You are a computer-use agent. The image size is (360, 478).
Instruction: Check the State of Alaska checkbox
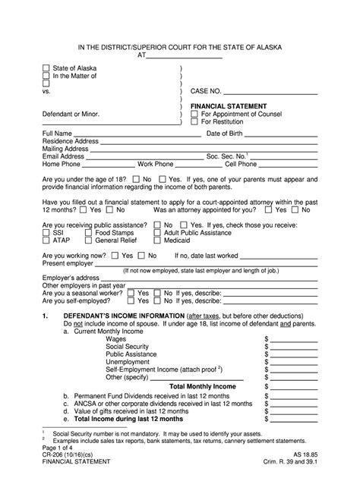tap(46, 68)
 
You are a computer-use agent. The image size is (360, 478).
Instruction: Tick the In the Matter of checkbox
tap(46, 77)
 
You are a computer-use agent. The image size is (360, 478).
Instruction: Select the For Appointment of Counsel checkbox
tap(194, 114)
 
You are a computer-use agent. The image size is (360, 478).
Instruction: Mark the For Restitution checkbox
tap(194, 122)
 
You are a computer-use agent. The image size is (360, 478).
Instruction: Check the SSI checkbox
tap(46, 232)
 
